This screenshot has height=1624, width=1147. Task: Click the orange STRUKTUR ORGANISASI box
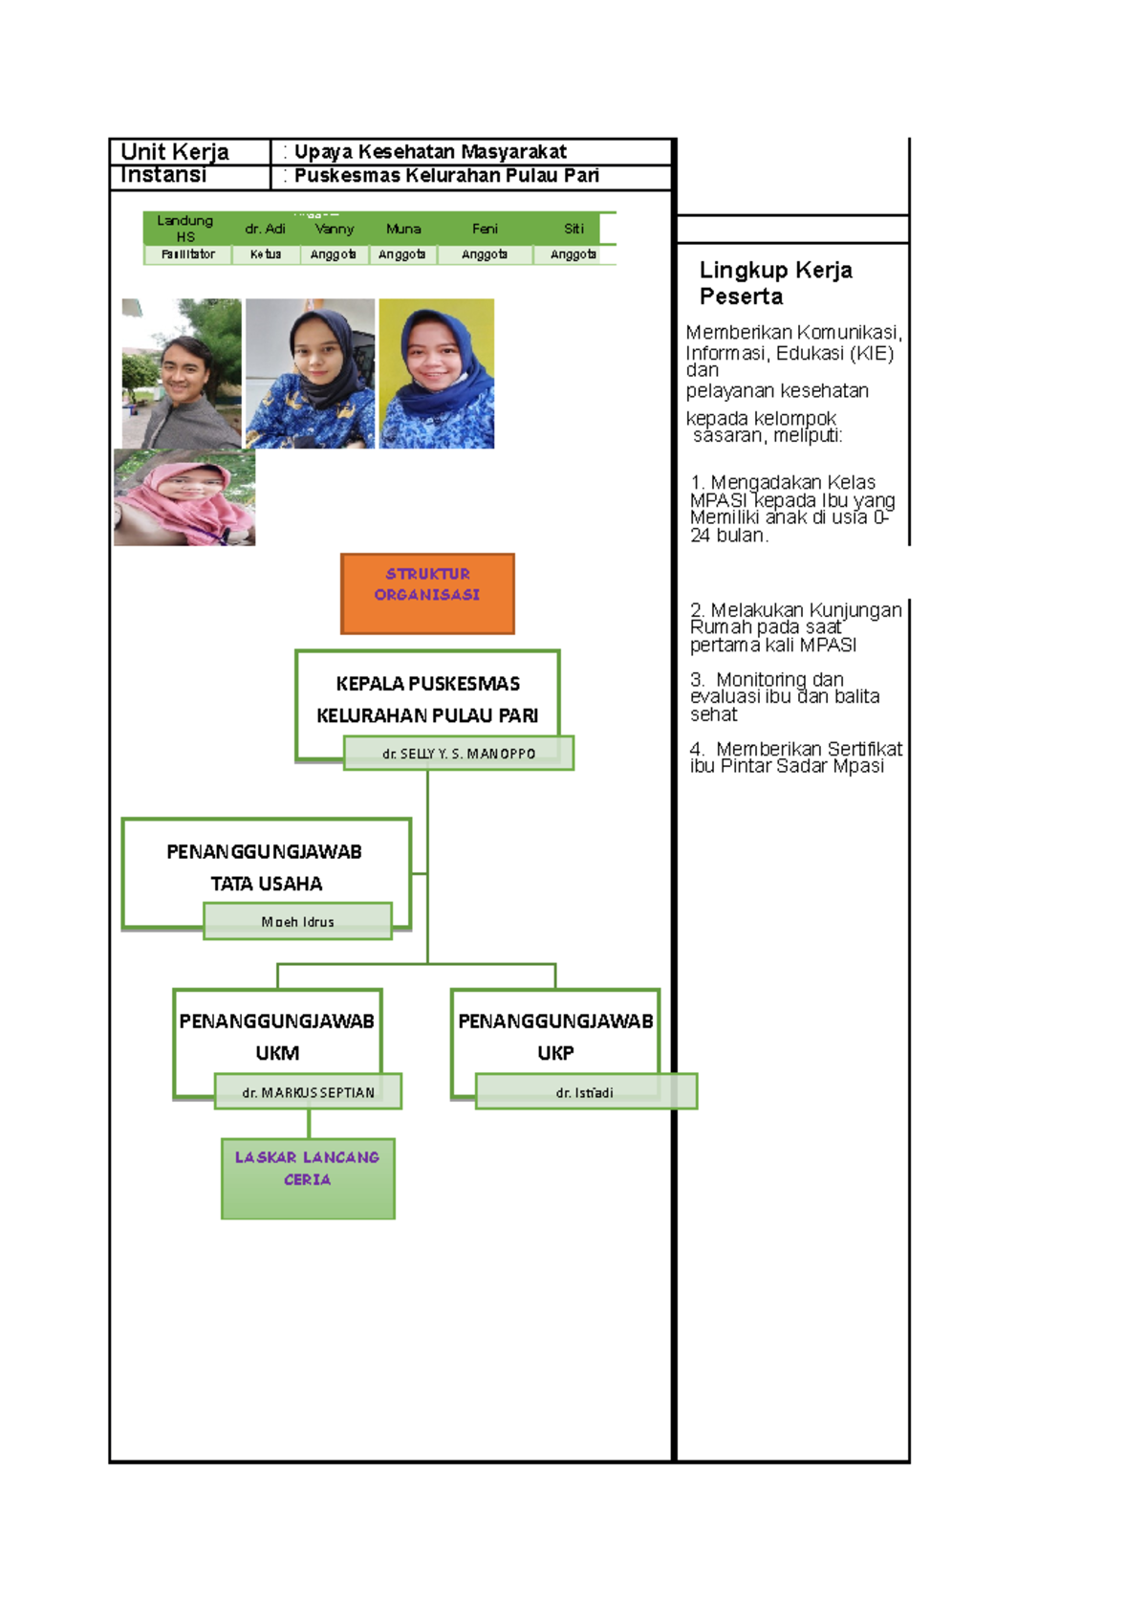click(427, 593)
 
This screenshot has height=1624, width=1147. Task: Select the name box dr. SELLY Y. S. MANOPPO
click(459, 754)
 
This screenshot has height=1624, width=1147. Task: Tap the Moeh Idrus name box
click(297, 922)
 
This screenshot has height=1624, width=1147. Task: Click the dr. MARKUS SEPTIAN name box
click(308, 1092)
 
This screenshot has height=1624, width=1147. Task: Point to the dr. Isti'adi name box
click(585, 1092)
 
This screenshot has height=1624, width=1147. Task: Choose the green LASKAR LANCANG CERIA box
click(308, 1178)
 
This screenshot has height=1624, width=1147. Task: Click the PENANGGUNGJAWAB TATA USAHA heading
click(265, 867)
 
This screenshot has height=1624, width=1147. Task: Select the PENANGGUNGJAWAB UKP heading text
click(555, 1037)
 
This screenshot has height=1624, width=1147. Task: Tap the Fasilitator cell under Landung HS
click(188, 254)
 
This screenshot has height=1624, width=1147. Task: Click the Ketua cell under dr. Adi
click(266, 254)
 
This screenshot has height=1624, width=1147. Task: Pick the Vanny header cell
click(334, 230)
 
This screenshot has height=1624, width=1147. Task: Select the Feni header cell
click(485, 230)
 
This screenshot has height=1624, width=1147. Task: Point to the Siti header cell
click(573, 230)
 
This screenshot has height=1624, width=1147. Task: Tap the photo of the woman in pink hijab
click(184, 498)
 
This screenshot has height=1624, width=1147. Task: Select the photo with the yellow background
click(437, 374)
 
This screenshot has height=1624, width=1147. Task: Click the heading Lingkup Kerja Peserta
click(775, 283)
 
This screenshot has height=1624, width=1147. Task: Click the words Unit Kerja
click(175, 152)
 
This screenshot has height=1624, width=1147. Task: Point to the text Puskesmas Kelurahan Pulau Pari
click(446, 176)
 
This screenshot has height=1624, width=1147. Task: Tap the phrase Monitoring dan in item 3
click(779, 680)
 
